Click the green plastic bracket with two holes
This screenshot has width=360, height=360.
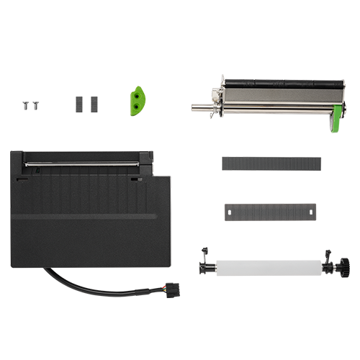(x=137, y=101)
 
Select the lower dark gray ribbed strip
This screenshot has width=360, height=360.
(x=269, y=215)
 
